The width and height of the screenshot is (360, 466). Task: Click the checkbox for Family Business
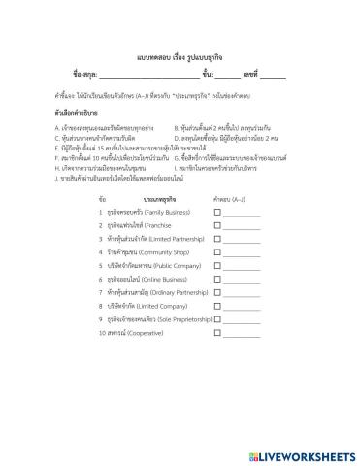point(217,210)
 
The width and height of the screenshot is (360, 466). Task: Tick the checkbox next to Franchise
point(217,223)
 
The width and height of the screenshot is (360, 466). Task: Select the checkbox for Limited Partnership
point(217,237)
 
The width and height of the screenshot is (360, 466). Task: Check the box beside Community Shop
point(217,250)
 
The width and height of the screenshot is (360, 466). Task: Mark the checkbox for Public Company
point(217,264)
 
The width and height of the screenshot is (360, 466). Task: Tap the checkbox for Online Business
point(217,278)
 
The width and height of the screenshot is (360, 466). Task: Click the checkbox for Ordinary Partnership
point(217,291)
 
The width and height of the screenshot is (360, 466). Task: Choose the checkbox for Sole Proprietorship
point(217,318)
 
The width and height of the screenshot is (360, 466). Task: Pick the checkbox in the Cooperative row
point(217,332)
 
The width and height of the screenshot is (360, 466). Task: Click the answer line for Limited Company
point(242,306)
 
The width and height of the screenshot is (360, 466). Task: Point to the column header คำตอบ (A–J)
point(231,196)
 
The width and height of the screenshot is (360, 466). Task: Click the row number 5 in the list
point(101,264)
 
